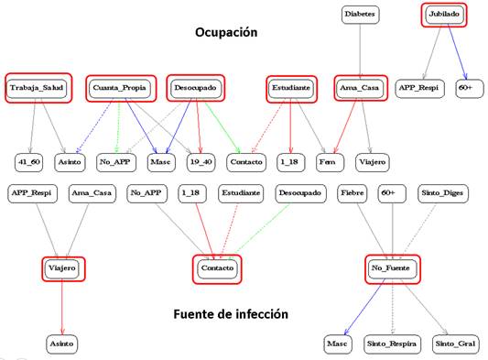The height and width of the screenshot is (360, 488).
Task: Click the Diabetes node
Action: click(x=359, y=15)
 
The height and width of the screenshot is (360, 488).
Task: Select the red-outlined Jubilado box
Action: click(x=447, y=16)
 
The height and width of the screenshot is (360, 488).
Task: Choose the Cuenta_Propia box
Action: click(x=119, y=87)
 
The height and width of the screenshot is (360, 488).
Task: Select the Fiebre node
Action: click(x=352, y=193)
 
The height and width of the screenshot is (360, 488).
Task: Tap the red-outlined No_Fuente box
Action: click(x=395, y=267)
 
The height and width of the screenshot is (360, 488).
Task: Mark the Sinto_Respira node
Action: click(x=392, y=344)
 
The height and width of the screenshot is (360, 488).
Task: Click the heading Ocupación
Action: click(x=225, y=32)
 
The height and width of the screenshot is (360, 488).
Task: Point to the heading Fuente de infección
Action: click(x=231, y=314)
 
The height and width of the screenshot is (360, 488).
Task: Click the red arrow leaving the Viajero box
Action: click(x=61, y=307)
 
